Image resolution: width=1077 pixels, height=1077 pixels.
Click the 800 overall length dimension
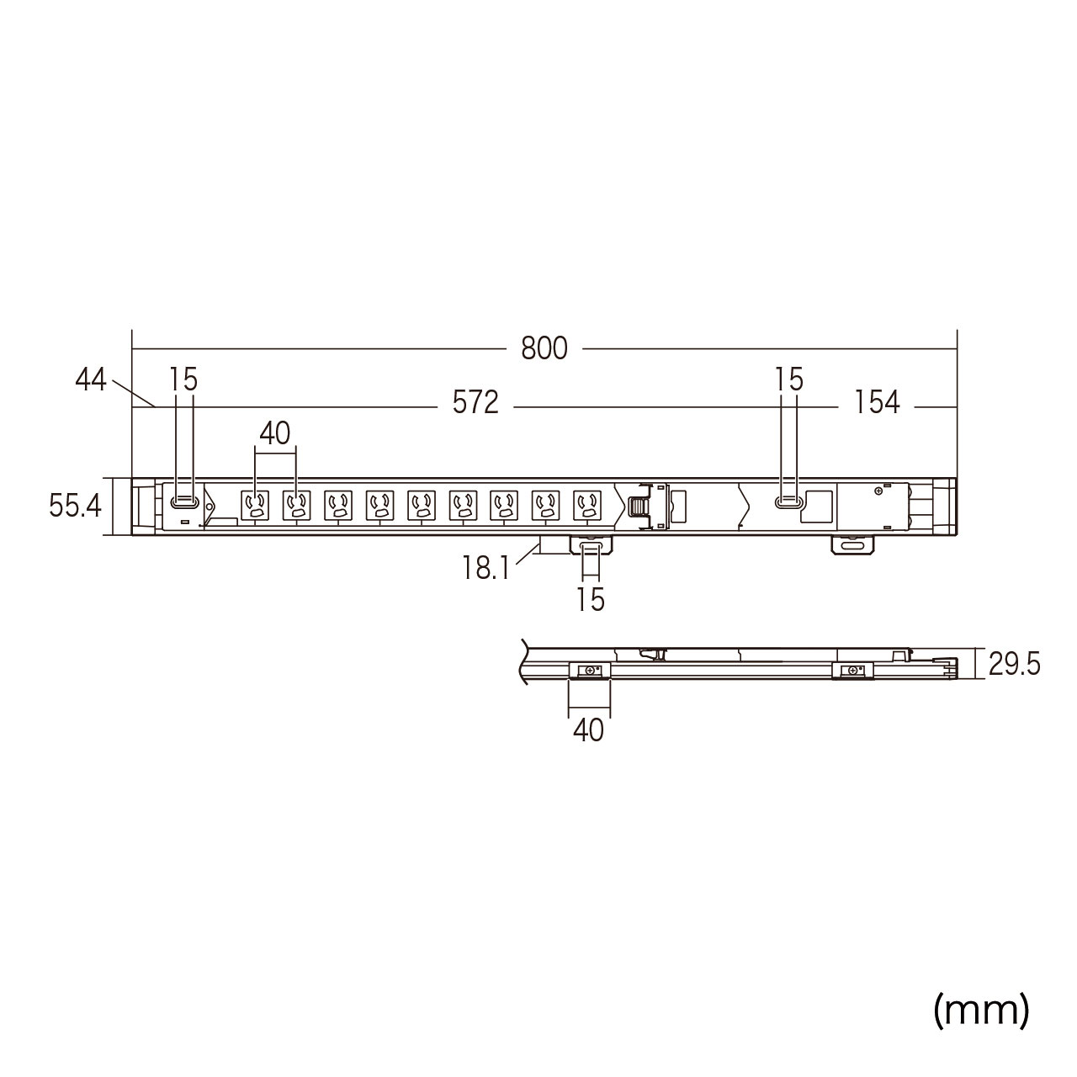coord(544,348)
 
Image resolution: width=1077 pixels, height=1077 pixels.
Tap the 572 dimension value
coord(475,402)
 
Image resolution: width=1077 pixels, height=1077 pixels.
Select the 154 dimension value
coord(877,402)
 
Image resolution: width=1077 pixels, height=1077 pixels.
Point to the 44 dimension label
coord(91,380)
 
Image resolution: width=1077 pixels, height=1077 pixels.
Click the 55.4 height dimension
coord(75,507)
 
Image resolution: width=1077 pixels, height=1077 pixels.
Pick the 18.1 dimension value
coord(485,569)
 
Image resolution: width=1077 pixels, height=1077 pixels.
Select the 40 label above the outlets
coord(275,433)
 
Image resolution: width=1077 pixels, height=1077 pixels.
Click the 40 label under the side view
coord(588,730)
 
